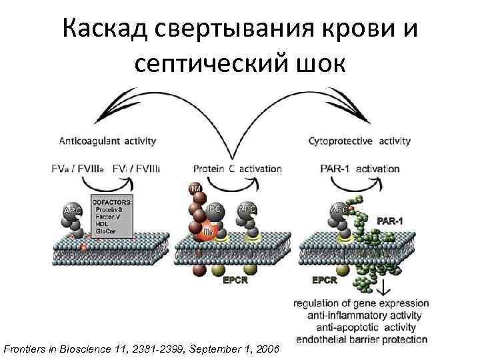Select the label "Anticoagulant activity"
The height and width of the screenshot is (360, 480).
[108, 141]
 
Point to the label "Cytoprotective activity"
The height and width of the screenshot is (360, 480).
[359, 141]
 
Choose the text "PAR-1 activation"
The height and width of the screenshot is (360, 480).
[359, 169]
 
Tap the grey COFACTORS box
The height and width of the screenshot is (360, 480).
[111, 216]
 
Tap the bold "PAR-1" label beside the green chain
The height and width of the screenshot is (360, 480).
[393, 219]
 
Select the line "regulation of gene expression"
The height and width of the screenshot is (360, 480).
[361, 304]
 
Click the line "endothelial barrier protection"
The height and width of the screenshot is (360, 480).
[361, 339]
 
